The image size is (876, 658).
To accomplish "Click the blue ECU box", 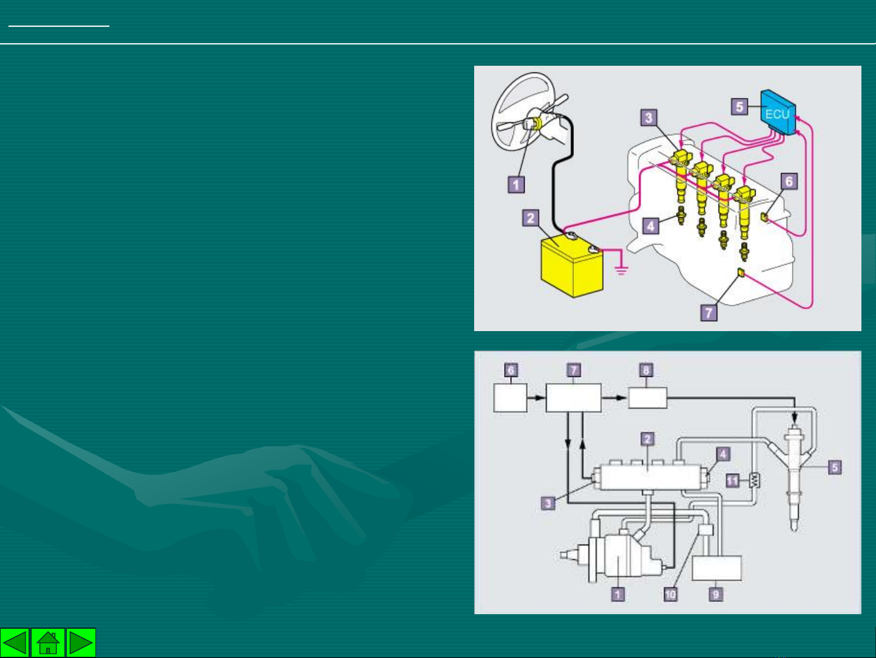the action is click(x=778, y=112).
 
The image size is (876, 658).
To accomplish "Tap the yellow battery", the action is click(x=572, y=265).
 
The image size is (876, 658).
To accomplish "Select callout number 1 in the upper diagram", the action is click(x=516, y=185).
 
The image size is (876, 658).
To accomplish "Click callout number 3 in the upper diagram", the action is click(x=649, y=117).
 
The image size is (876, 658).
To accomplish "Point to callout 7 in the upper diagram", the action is click(x=709, y=312).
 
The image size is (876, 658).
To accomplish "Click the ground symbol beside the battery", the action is click(x=621, y=271).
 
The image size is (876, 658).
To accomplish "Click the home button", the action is click(x=48, y=642).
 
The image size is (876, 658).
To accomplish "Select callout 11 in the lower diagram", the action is click(x=733, y=480).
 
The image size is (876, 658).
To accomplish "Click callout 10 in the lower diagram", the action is click(x=671, y=595).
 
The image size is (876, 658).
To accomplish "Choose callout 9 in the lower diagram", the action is click(x=716, y=595).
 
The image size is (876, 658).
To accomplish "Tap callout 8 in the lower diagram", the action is click(x=646, y=370).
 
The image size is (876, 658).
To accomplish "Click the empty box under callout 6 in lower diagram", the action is click(x=511, y=397).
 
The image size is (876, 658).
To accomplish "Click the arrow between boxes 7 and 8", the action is click(x=614, y=398).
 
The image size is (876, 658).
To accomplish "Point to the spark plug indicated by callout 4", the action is click(x=681, y=215).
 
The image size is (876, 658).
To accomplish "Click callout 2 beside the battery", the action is click(x=531, y=218).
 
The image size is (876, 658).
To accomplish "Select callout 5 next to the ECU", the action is click(x=739, y=107).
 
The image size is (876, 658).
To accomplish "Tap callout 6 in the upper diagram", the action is click(x=789, y=181).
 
